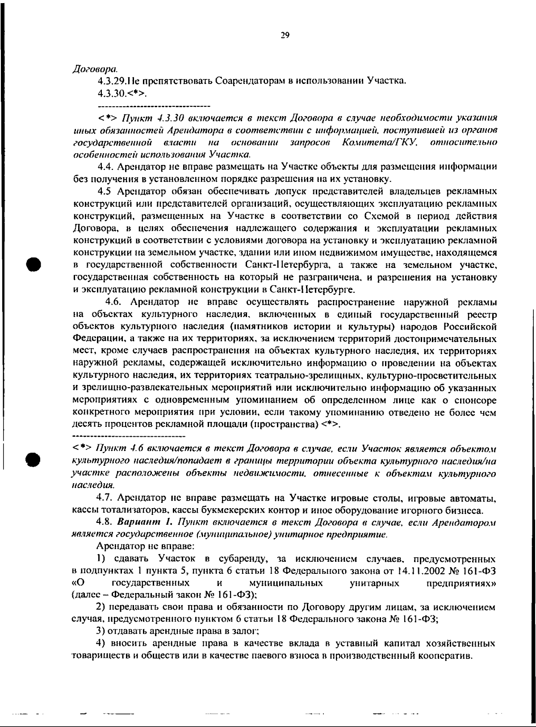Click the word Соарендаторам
[247, 82]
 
